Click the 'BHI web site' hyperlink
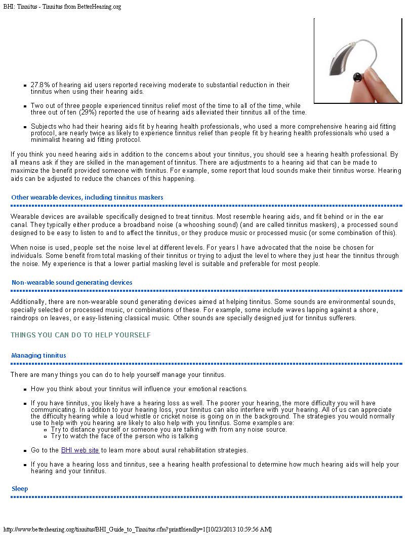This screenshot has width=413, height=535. [80, 450]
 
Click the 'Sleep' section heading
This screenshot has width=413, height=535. [20, 489]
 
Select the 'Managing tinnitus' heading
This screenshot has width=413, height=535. [38, 356]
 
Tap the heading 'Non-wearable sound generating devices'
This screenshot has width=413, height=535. [72, 283]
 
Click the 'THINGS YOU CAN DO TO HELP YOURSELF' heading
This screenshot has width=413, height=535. [80, 335]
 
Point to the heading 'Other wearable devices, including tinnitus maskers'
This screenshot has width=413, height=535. [87, 197]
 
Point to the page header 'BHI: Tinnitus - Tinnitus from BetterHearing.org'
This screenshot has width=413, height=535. [62, 7]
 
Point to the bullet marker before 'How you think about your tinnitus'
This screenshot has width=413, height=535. [25, 390]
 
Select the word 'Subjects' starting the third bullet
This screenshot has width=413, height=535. [44, 126]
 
